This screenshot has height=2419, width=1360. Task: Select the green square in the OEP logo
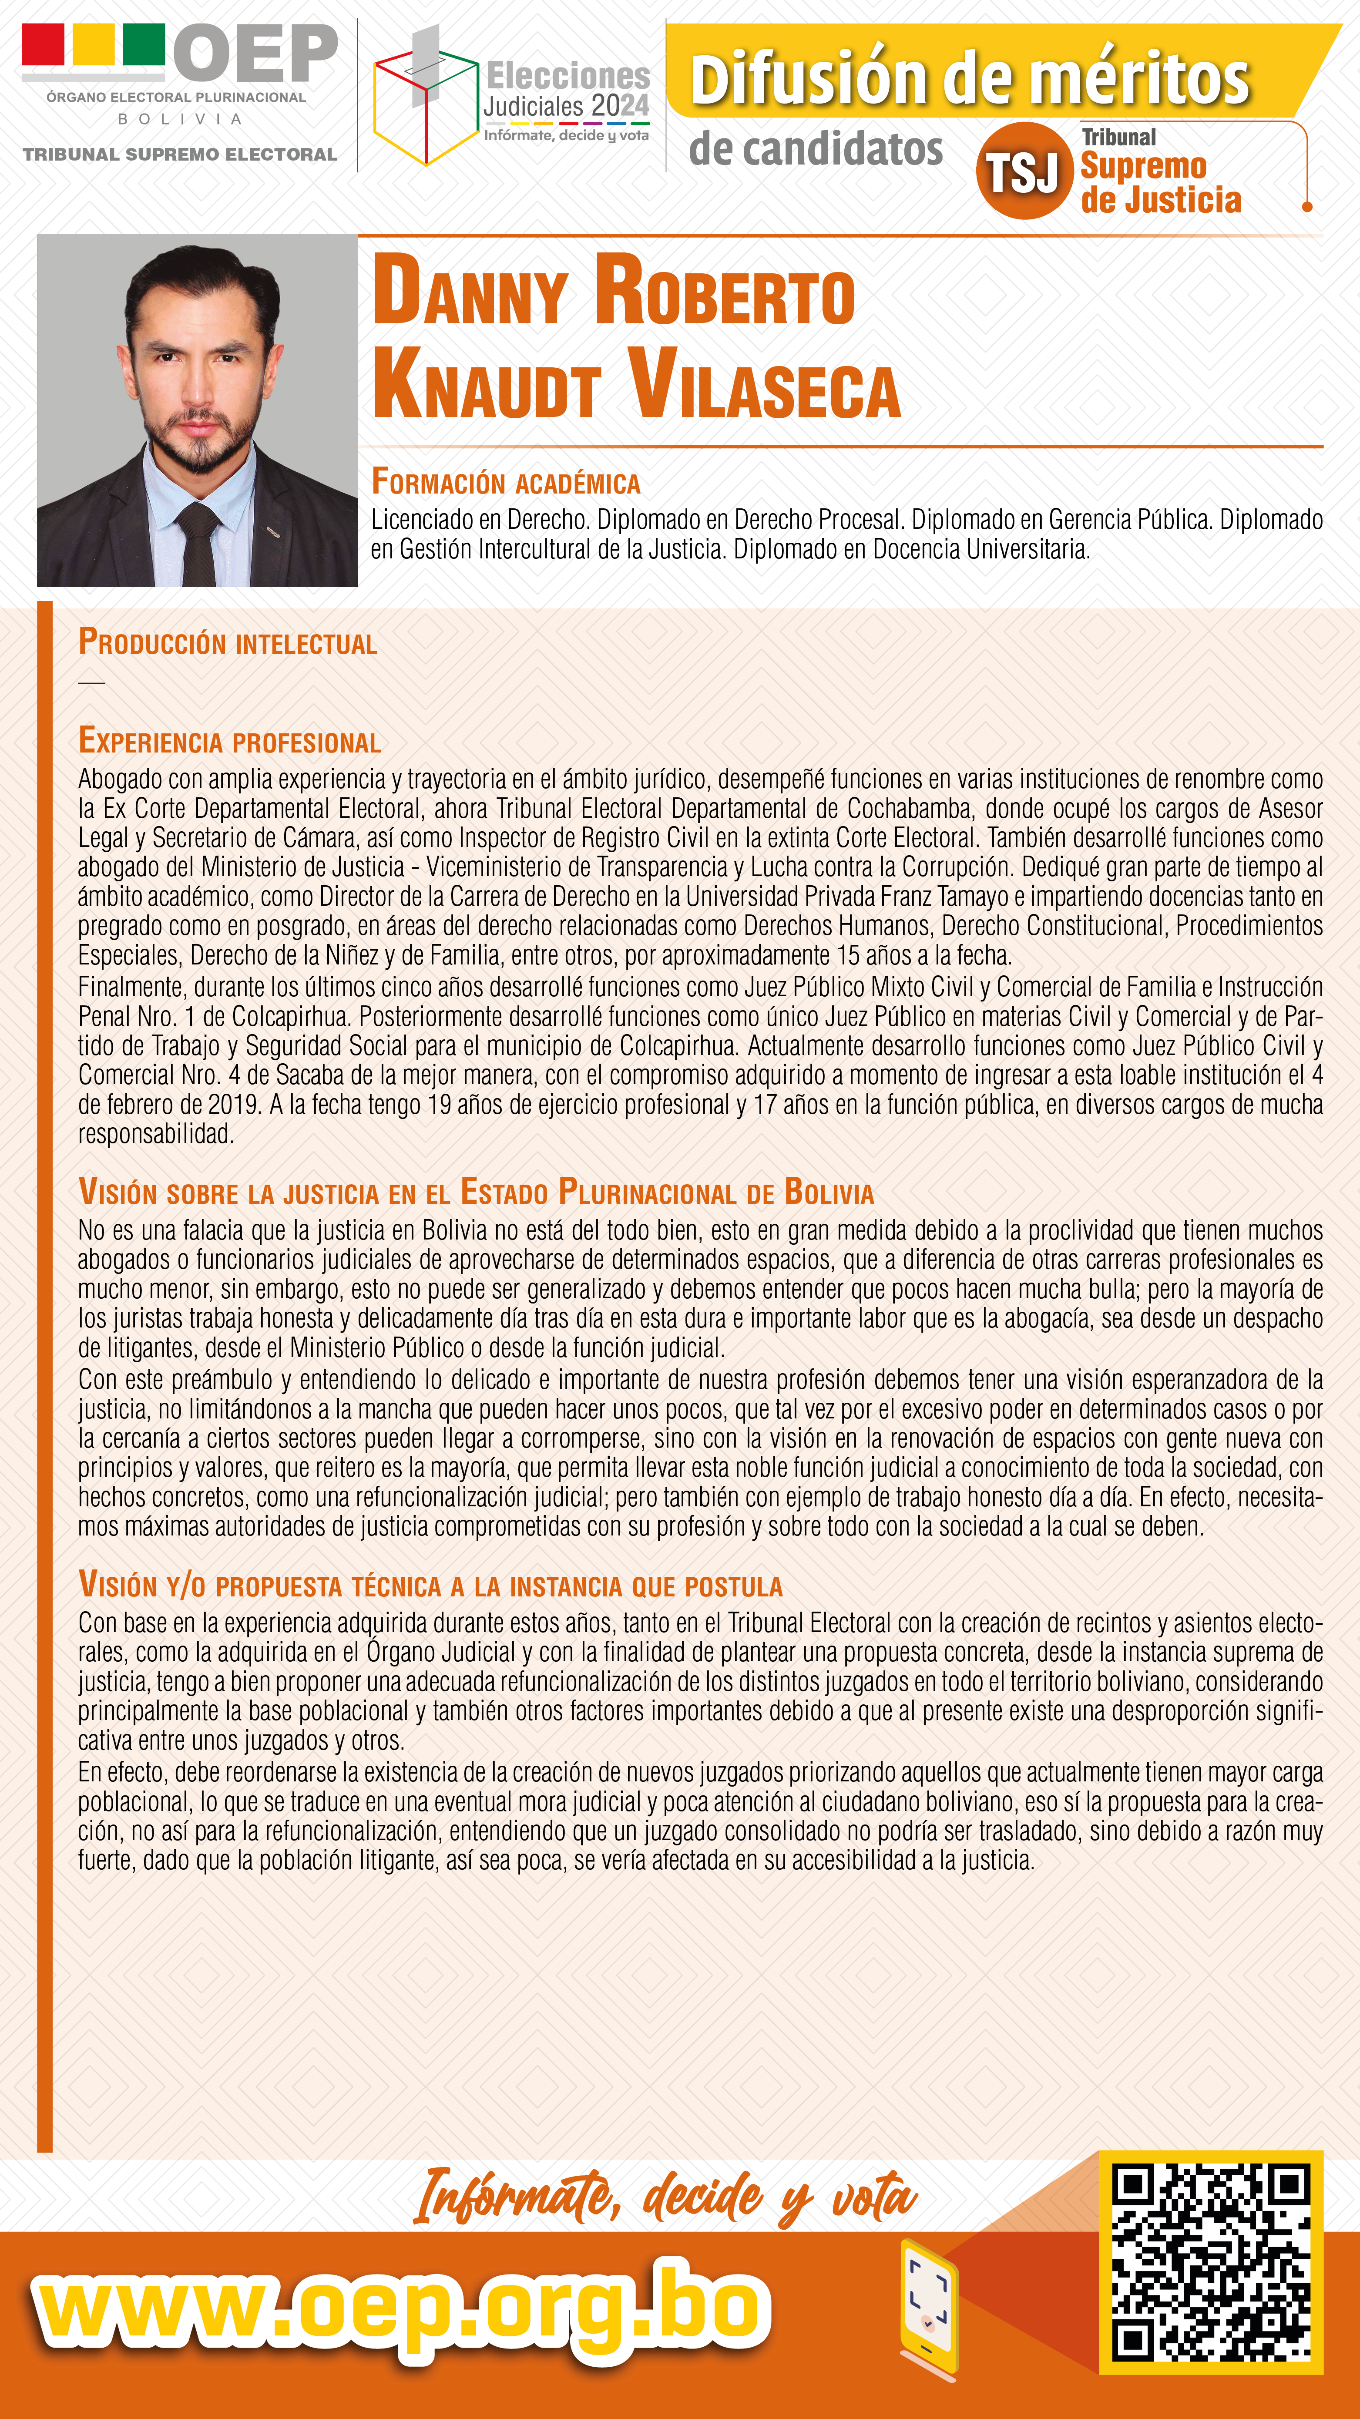tap(144, 44)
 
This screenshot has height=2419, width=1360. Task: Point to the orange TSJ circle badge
tap(1024, 171)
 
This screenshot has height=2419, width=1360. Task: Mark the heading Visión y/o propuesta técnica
tap(430, 1586)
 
